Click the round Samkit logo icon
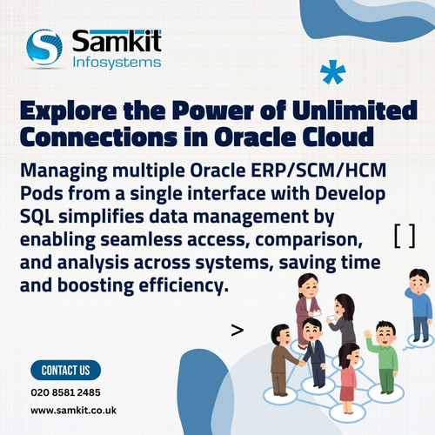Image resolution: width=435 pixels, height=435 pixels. coord(44,48)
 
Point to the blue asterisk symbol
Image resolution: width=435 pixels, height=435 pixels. coord(331,73)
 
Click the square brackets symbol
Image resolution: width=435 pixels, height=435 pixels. coord(404,236)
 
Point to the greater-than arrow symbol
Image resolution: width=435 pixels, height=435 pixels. coord(237,330)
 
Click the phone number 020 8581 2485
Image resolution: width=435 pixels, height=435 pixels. coord(65,392)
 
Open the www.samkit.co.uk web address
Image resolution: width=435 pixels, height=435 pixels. coord(74,409)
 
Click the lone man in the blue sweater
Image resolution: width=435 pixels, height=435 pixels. coord(419,304)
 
